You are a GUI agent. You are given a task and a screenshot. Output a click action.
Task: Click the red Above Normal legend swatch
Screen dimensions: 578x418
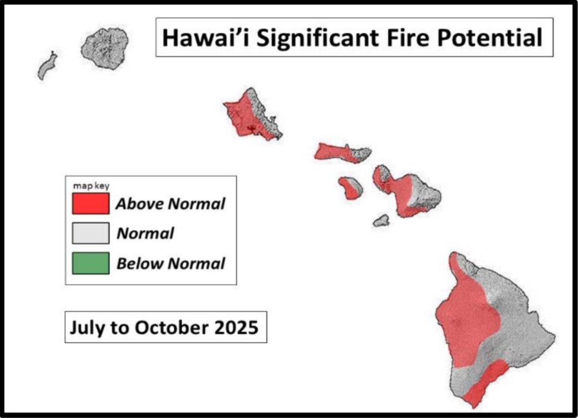point(91,203)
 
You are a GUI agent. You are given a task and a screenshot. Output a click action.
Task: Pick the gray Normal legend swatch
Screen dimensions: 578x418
point(91,233)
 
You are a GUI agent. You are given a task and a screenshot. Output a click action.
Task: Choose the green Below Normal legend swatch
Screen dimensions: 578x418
point(91,263)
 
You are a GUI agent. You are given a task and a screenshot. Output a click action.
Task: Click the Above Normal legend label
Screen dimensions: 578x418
point(170,204)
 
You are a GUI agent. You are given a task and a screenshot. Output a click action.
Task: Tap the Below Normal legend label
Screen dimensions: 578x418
point(170,263)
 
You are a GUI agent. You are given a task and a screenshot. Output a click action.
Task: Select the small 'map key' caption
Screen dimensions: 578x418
point(91,186)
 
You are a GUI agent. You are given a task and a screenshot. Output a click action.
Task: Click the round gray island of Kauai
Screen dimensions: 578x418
point(105,49)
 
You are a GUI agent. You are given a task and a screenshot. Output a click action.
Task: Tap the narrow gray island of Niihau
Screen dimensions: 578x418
point(47,66)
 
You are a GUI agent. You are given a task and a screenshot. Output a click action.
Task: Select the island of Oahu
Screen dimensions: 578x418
point(253,114)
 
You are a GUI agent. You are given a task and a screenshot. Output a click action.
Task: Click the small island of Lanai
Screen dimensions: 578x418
point(351,188)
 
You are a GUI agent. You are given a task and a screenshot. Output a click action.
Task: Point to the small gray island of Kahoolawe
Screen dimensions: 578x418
point(381,221)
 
